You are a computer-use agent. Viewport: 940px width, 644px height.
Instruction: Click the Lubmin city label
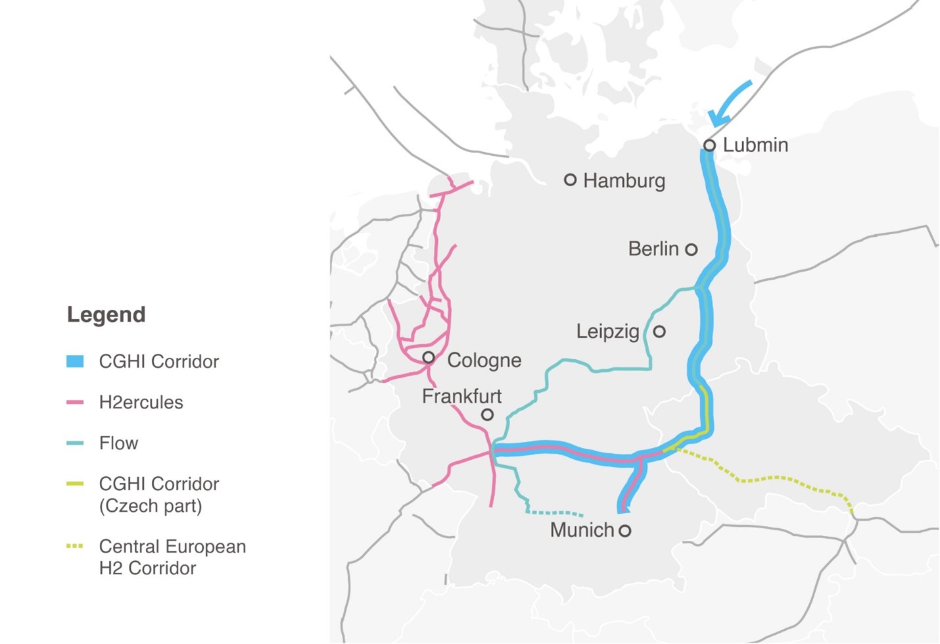click(755, 145)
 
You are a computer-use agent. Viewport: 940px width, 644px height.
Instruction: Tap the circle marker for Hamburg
click(571, 180)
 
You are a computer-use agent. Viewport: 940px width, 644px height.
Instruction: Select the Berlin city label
click(653, 249)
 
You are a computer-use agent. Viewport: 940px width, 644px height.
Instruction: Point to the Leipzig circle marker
click(659, 332)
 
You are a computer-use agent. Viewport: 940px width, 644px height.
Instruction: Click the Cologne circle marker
click(429, 358)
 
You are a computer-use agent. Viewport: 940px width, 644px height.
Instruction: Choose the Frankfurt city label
click(461, 396)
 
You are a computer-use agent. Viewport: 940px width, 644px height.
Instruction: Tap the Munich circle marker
click(625, 530)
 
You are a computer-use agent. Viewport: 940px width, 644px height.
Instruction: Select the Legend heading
click(106, 314)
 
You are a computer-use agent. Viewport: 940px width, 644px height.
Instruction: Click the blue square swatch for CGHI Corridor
click(75, 361)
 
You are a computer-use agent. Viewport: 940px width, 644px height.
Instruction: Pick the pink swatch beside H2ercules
click(75, 402)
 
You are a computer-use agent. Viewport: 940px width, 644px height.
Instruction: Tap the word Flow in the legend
click(118, 443)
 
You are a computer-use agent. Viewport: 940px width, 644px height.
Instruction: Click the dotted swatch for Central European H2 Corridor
click(75, 546)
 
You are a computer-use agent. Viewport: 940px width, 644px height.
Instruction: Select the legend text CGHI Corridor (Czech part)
click(158, 495)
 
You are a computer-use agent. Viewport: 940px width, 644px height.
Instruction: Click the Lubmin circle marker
click(709, 145)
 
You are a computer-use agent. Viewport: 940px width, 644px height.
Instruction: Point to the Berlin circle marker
click(691, 249)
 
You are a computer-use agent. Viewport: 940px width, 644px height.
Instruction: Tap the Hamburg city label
click(624, 180)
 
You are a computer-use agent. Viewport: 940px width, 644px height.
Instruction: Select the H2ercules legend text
click(141, 402)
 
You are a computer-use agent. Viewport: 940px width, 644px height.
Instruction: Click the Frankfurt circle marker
click(487, 414)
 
